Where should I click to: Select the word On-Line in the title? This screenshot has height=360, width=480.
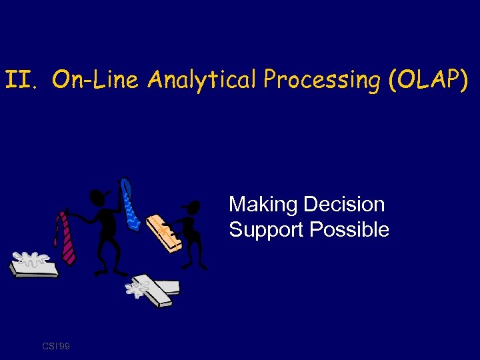(95, 81)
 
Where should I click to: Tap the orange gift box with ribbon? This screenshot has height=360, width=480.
(164, 233)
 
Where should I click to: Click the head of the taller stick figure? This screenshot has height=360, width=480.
(97, 197)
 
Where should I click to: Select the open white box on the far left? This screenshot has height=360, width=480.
(33, 266)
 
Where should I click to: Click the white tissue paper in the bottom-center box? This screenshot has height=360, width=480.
(139, 288)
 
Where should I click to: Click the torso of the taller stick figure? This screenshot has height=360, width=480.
(106, 230)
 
